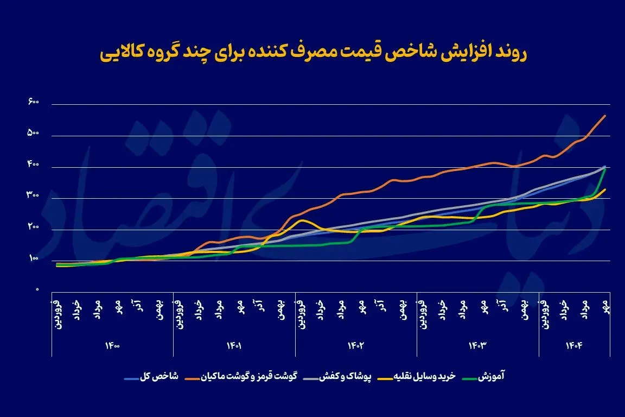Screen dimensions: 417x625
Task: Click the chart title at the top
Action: (x=314, y=54)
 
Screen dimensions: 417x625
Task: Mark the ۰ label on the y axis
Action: (x=37, y=290)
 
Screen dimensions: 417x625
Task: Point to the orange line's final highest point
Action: (x=605, y=116)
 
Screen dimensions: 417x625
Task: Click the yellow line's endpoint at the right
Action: (x=605, y=189)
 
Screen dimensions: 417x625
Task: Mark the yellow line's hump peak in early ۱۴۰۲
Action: (x=303, y=220)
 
